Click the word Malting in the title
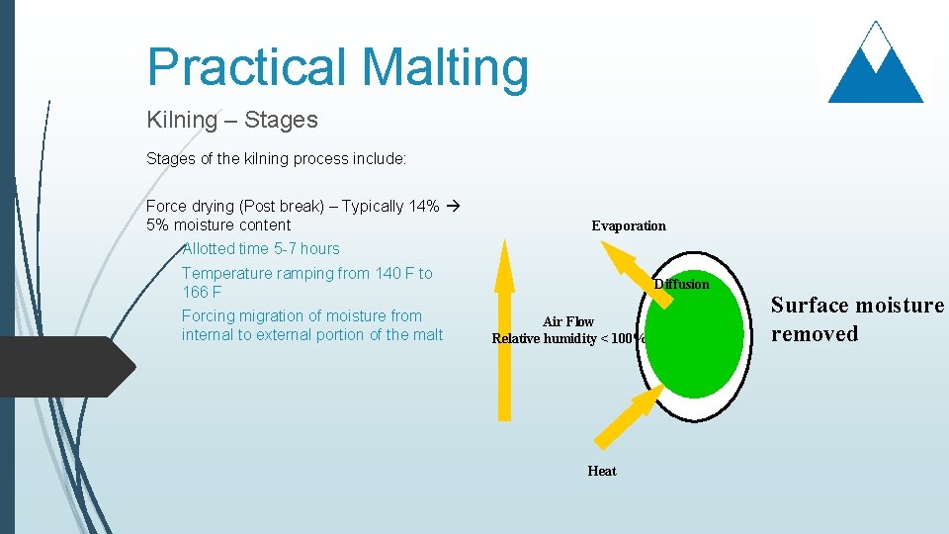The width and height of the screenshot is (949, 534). [x=445, y=67]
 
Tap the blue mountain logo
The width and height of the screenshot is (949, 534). [x=875, y=64]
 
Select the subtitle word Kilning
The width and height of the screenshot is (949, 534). [x=181, y=120]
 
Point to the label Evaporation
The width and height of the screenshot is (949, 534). [x=629, y=225]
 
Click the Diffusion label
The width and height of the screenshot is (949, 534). [x=681, y=284]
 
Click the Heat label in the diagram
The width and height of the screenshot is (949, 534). [x=601, y=471]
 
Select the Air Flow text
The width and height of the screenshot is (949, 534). [x=568, y=321]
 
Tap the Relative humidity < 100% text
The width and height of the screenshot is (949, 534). [x=568, y=339]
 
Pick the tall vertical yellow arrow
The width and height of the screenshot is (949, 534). [x=504, y=336]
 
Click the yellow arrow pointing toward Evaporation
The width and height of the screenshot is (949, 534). [x=625, y=267]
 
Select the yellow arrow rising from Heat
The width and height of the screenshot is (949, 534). [x=628, y=415]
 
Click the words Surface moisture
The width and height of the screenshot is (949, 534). [x=857, y=305]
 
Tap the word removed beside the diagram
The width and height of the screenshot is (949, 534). [x=814, y=333]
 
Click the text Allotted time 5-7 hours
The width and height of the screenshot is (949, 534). [x=260, y=248]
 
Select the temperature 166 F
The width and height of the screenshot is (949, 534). [x=202, y=292]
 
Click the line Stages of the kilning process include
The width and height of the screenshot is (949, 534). [x=276, y=158]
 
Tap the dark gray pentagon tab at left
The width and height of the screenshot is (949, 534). [x=64, y=366]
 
